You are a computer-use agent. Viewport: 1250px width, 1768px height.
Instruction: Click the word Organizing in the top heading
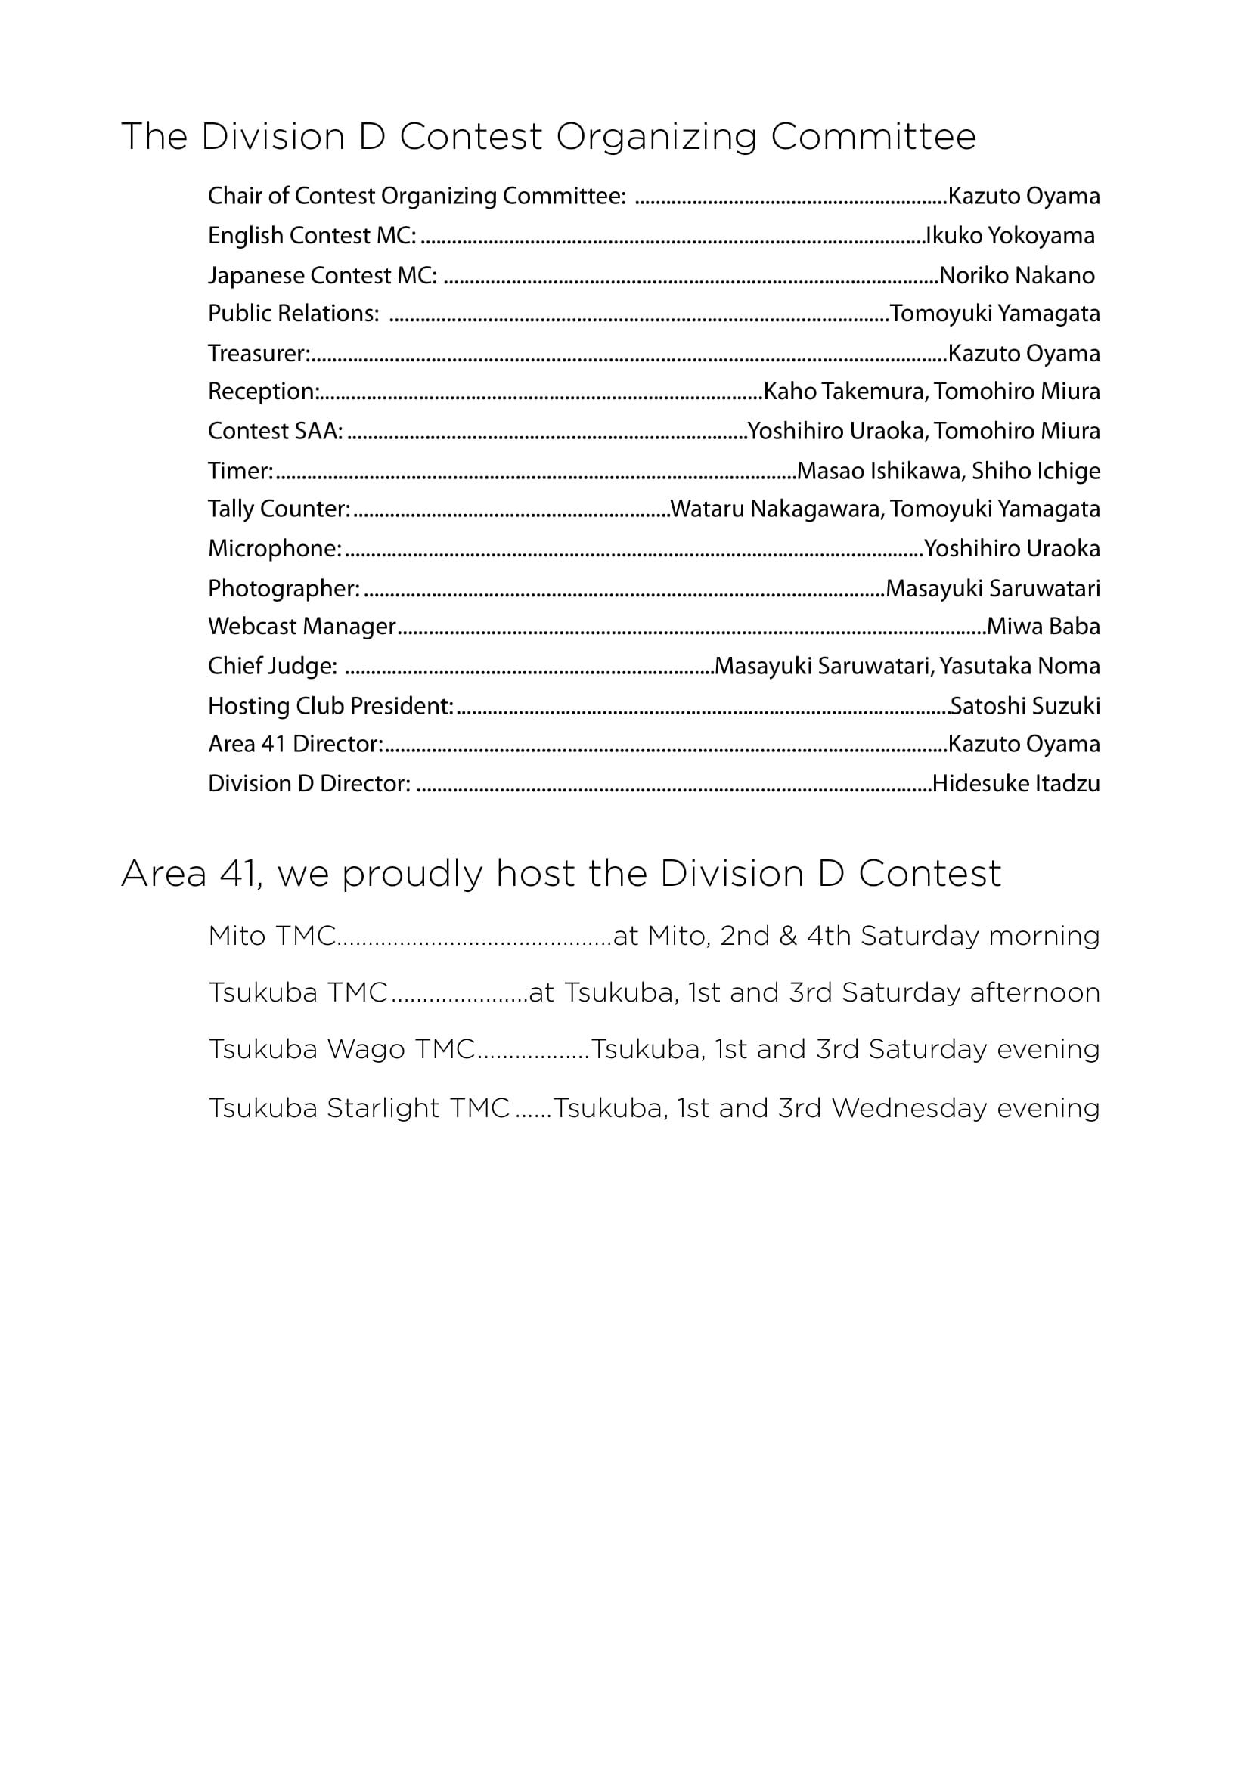(656, 138)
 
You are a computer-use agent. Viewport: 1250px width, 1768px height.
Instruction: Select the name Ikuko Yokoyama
(1010, 236)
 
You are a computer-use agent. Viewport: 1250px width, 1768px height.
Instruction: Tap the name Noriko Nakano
(1016, 276)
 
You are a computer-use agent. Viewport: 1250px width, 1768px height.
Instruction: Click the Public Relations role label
(293, 314)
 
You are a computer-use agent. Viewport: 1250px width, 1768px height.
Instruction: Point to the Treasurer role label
(259, 354)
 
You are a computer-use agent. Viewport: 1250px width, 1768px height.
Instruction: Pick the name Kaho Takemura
(843, 392)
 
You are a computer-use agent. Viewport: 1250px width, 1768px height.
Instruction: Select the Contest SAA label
(275, 431)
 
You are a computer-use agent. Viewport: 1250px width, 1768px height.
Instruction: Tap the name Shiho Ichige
(1036, 471)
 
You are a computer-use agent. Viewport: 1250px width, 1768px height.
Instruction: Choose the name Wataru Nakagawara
(776, 509)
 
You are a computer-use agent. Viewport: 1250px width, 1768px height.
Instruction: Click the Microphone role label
(275, 549)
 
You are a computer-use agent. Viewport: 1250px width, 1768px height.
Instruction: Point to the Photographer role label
(284, 589)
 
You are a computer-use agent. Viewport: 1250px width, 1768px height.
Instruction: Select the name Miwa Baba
(1044, 627)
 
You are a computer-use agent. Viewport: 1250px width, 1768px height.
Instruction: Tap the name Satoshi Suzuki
(1025, 706)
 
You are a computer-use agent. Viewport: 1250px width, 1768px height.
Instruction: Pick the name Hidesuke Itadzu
(1016, 784)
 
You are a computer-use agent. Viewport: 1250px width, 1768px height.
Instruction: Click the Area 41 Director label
(295, 744)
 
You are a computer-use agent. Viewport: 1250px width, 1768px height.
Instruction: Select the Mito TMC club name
(272, 937)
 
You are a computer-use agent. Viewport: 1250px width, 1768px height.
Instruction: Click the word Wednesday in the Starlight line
(909, 1109)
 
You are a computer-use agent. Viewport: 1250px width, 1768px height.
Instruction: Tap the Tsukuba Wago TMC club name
(342, 1050)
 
